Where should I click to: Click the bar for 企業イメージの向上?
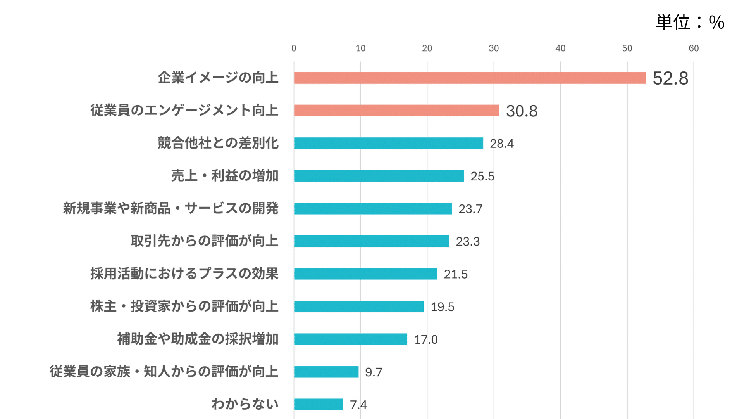click(x=470, y=78)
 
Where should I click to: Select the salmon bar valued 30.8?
click(x=396, y=111)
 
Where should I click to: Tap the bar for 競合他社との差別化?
click(x=388, y=143)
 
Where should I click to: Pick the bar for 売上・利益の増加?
click(x=379, y=176)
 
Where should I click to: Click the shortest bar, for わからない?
click(x=319, y=404)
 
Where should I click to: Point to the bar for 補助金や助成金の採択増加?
click(x=350, y=339)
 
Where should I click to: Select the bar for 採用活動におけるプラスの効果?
click(x=365, y=274)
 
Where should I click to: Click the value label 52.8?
click(x=670, y=78)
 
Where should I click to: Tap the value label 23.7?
click(x=470, y=209)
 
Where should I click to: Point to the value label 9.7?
click(x=374, y=372)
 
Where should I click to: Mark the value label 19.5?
click(x=443, y=307)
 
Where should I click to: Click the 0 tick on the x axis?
click(x=294, y=48)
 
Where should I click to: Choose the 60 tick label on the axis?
click(x=694, y=48)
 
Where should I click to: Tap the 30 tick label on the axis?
click(x=494, y=48)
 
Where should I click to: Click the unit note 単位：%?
click(x=690, y=23)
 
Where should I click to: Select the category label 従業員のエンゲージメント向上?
click(x=184, y=111)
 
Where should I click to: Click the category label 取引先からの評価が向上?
click(x=204, y=241)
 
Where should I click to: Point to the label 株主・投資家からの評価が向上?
click(x=184, y=306)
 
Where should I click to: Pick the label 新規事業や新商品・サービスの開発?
click(x=170, y=208)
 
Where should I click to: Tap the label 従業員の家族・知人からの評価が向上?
click(x=164, y=372)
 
